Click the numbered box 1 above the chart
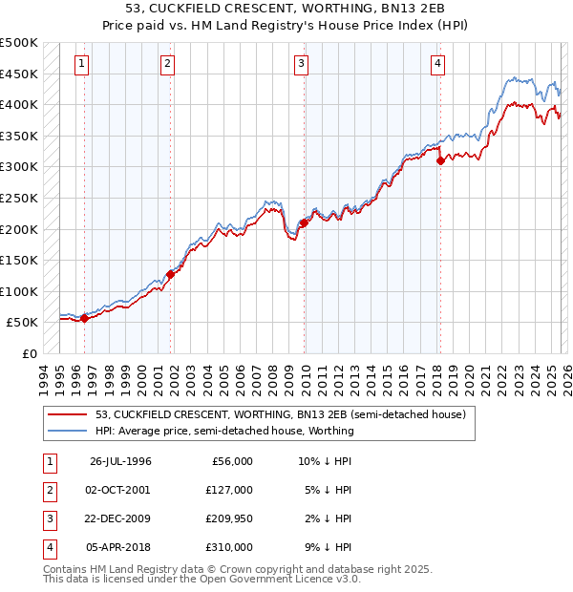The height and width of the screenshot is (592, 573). [81, 64]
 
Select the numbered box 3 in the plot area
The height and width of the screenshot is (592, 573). [301, 64]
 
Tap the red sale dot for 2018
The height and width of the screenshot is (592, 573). [440, 161]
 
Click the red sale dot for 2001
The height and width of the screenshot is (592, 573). [170, 274]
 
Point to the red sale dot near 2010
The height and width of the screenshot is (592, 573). [304, 222]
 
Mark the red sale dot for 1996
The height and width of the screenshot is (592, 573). [85, 319]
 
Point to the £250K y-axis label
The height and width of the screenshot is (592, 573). [19, 198]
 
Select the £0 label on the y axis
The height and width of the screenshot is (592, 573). [28, 353]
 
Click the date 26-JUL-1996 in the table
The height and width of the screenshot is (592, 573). [120, 461]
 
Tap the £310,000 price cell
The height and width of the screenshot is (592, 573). [229, 547]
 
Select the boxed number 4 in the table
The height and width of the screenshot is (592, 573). [48, 547]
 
